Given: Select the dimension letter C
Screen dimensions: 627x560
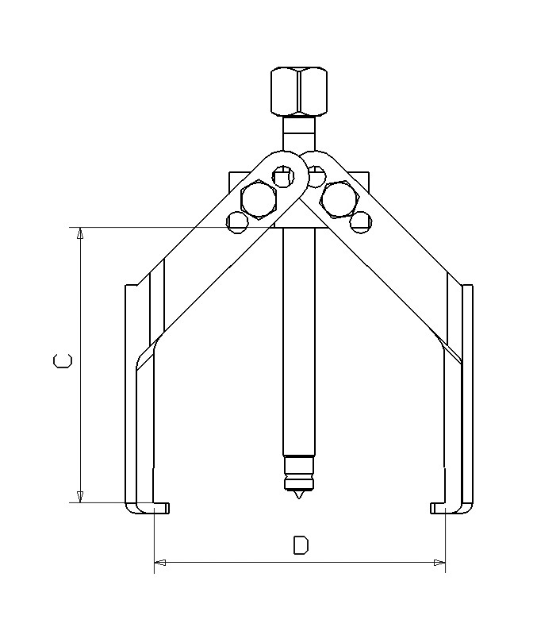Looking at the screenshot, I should [63, 362].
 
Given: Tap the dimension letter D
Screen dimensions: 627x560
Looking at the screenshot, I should [301, 545].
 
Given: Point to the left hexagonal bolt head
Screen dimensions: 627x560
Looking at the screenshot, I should [258, 199].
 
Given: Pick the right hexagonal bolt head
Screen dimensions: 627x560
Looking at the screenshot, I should [339, 198].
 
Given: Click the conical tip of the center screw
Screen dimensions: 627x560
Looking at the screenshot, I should [298, 495].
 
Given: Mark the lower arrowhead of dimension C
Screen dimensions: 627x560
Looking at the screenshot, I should [79, 496].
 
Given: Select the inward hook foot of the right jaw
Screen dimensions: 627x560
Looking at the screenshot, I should [439, 507].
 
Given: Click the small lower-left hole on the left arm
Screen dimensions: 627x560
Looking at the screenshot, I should [236, 221].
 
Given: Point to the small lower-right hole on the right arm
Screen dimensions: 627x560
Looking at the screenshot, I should [361, 221].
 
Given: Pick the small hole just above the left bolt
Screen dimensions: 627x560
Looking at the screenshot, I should [282, 175].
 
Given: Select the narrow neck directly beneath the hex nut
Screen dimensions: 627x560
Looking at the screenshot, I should [298, 128].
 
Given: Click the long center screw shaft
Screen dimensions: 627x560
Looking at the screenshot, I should [298, 341].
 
